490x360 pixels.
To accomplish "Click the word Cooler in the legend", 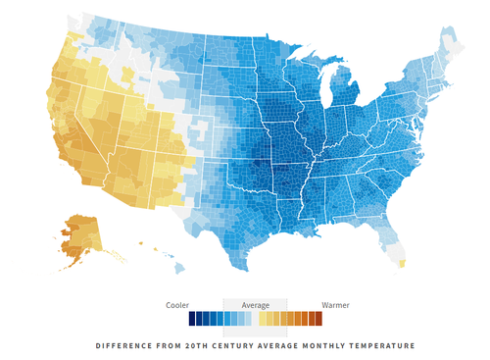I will tap(177, 305).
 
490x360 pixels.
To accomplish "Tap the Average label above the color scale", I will tap(255, 305).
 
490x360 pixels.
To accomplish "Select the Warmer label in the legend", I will tap(335, 305).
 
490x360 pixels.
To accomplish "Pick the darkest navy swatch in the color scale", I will tap(192, 319).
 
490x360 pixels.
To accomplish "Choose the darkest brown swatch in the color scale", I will tap(318, 319).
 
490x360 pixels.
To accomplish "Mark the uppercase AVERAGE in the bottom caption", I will tap(274, 345).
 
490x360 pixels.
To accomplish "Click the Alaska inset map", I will tap(81, 236).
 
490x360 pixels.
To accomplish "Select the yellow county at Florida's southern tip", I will tap(402, 264).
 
